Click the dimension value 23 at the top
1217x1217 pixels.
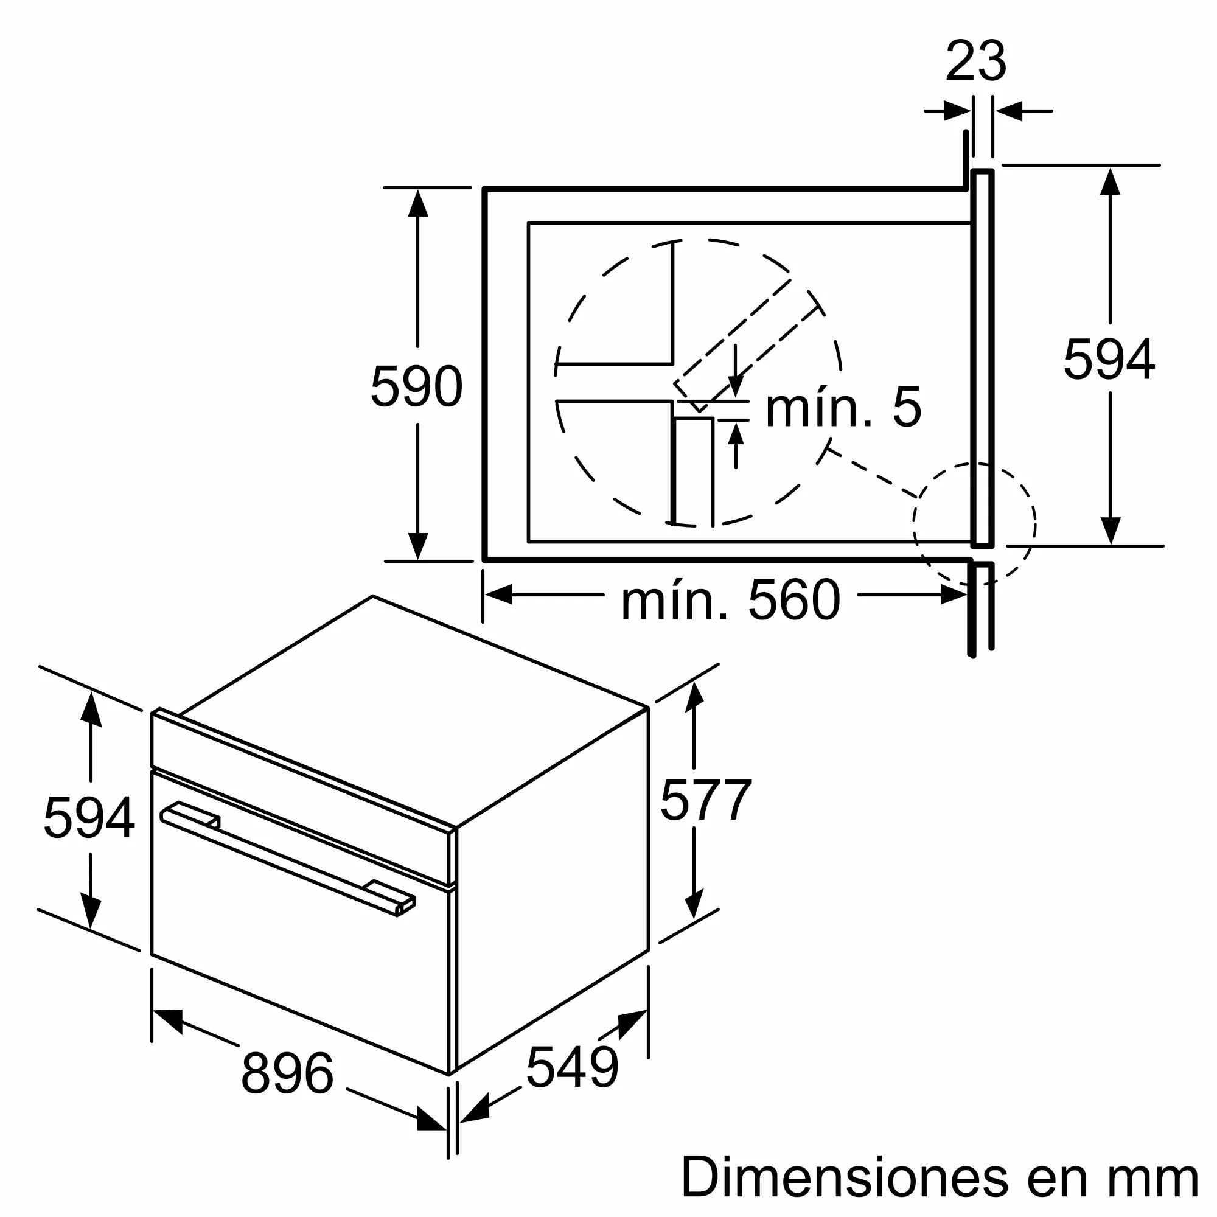click(x=976, y=61)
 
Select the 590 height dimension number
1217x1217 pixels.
click(x=416, y=386)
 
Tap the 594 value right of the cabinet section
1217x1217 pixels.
click(x=1109, y=360)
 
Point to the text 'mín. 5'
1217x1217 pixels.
click(x=843, y=408)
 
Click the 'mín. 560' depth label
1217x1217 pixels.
click(x=730, y=601)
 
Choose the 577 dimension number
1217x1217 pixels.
click(x=705, y=800)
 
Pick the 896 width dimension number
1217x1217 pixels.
click(x=287, y=1073)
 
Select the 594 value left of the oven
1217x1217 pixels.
click(x=89, y=818)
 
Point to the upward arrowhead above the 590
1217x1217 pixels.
click(x=417, y=203)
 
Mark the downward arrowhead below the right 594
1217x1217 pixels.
click(x=1110, y=531)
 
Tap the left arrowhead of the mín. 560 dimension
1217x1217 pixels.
click(x=498, y=594)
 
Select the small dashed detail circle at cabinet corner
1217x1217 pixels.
click(x=974, y=521)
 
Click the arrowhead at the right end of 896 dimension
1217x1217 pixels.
click(x=432, y=1120)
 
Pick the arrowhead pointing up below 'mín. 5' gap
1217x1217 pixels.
click(x=736, y=434)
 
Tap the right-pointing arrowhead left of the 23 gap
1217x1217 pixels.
click(x=957, y=111)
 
